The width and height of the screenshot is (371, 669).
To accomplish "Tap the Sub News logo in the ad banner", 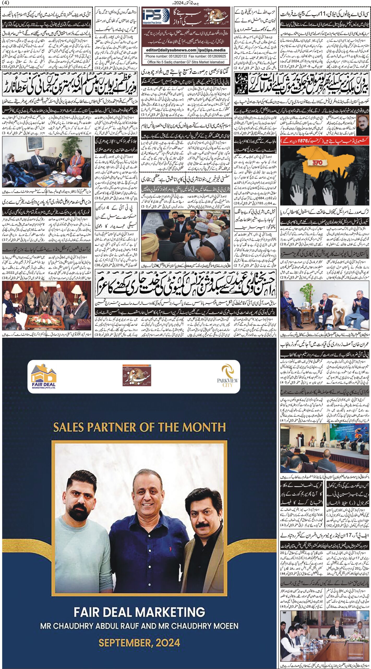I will point(137,376).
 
